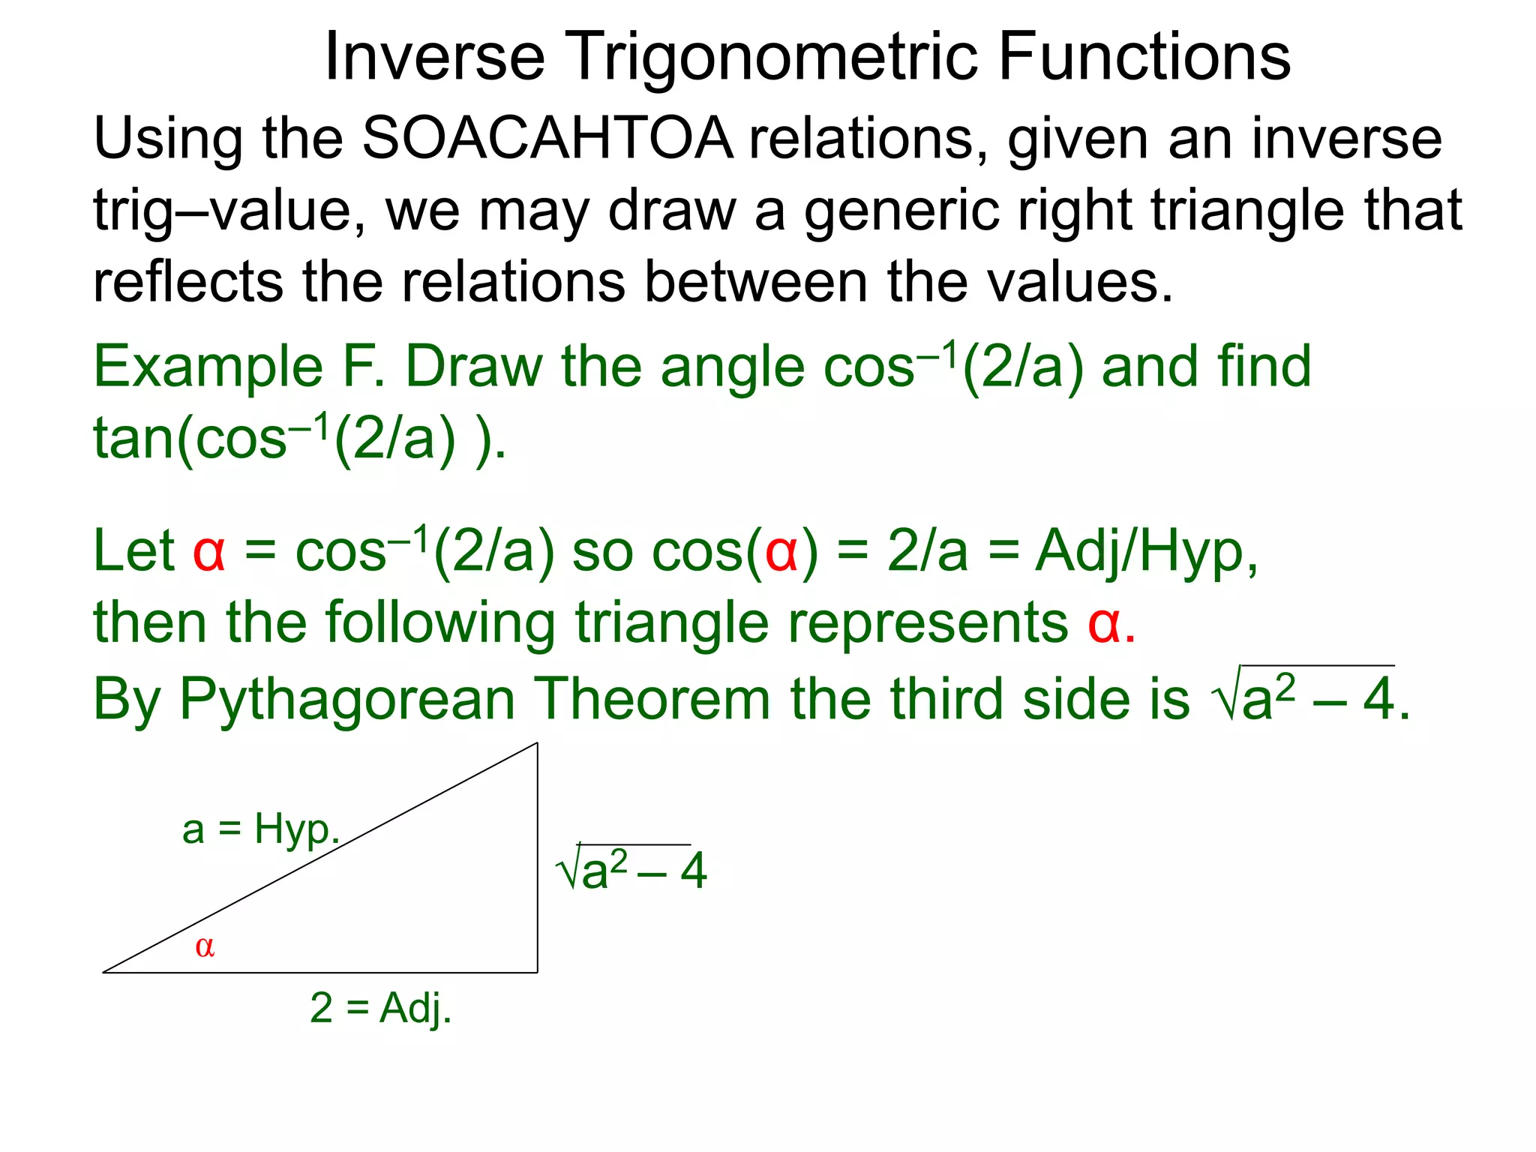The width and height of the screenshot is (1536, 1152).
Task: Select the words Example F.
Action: pyautogui.click(x=239, y=367)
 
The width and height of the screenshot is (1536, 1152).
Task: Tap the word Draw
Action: pyautogui.click(x=474, y=367)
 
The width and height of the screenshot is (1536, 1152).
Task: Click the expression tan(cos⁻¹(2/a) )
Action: pyautogui.click(x=300, y=439)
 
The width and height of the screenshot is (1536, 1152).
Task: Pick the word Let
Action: pyautogui.click(x=133, y=551)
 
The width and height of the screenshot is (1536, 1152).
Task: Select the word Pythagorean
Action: pyautogui.click(x=347, y=699)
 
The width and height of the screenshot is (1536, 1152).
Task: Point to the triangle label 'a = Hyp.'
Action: pyautogui.click(x=261, y=830)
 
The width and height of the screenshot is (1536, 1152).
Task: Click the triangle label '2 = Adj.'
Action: pyautogui.click(x=380, y=1008)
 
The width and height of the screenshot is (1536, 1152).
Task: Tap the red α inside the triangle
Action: pyautogui.click(x=205, y=947)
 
